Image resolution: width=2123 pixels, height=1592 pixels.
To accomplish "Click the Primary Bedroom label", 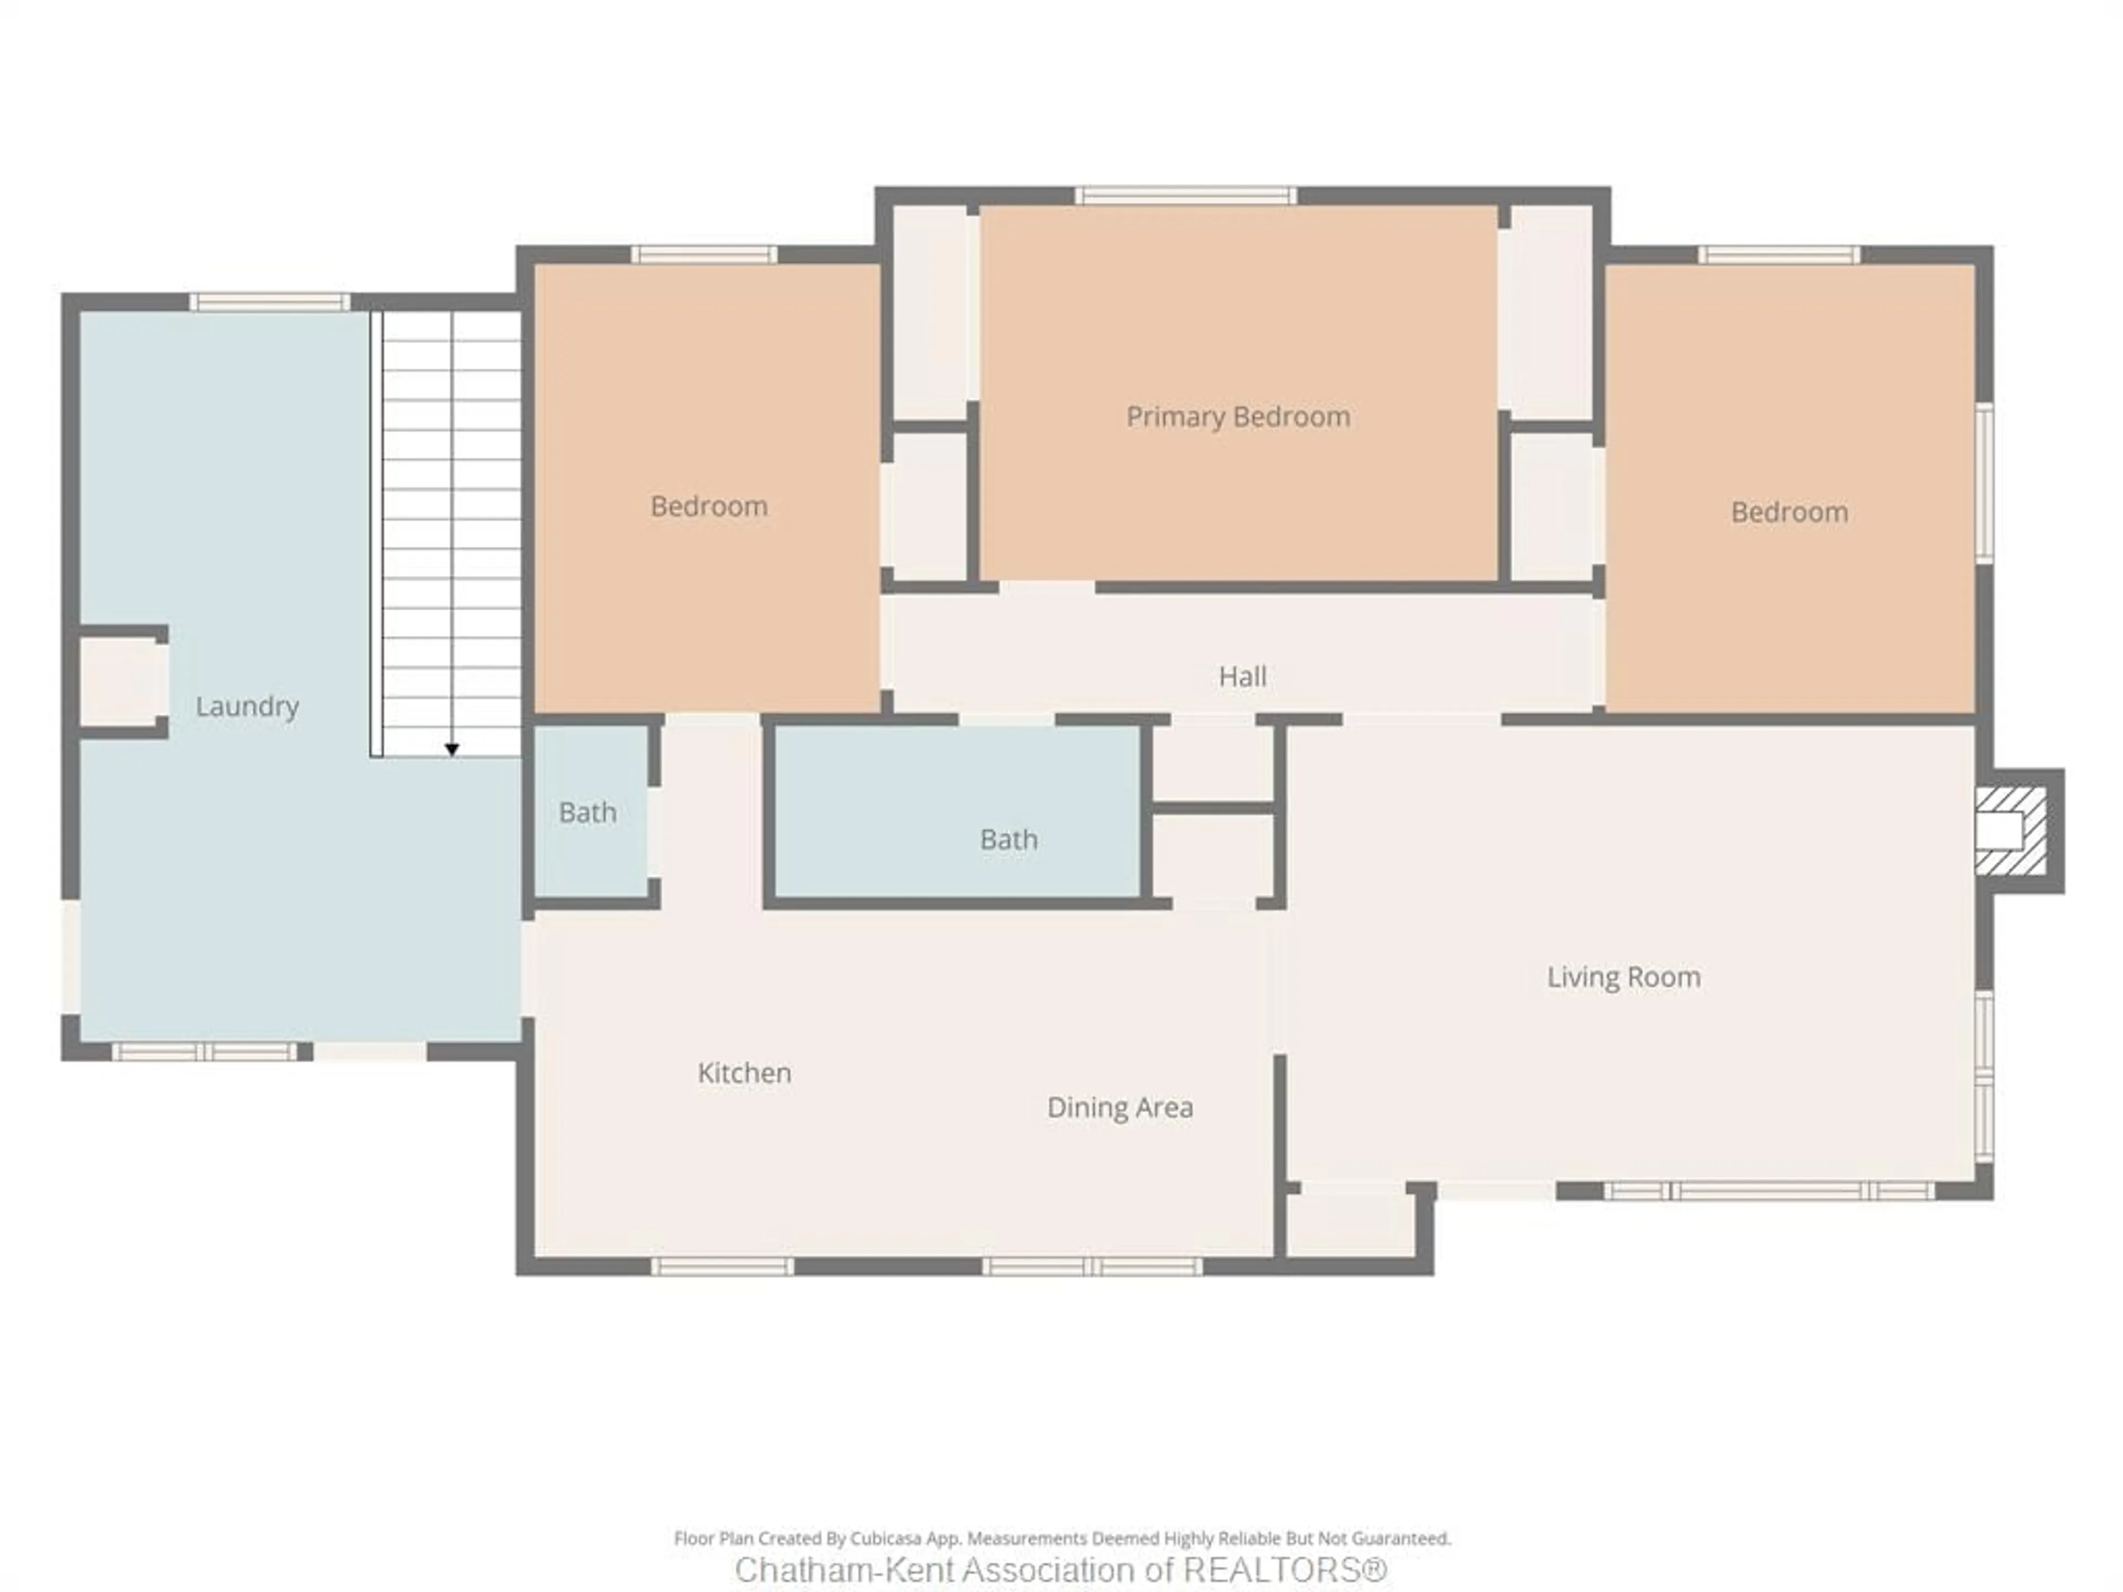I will coord(1237,416).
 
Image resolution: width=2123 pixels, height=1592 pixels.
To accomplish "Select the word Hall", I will coord(1242,677).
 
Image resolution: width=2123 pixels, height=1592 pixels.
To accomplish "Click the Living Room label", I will coord(1623,977).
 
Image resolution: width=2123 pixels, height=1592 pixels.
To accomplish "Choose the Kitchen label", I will coord(744,1073).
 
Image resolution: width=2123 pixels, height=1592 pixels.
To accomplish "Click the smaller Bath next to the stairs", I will coord(587,813).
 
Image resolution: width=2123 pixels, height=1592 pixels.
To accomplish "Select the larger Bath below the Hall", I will coord(1008,840).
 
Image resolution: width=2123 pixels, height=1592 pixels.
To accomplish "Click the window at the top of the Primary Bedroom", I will coord(1185,196).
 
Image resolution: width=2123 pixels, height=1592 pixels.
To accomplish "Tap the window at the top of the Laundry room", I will coord(270,302).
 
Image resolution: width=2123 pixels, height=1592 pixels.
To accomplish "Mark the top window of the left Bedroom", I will coord(703,254).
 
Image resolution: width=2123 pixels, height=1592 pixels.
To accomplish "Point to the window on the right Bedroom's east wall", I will coord(1984,483).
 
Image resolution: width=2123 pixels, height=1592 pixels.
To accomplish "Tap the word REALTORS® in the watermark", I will coord(1284,1570).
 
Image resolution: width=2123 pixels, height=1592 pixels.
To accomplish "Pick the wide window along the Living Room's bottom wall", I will coord(1768,1191).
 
